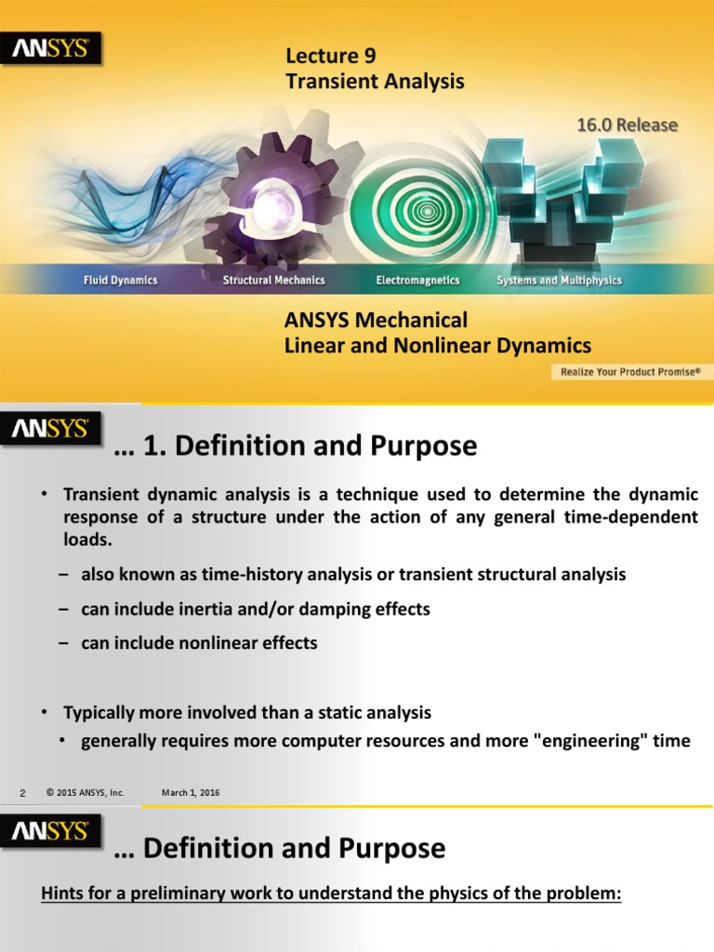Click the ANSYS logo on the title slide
click(x=51, y=49)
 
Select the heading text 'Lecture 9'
click(x=330, y=57)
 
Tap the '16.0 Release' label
click(x=628, y=125)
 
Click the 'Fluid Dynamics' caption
click(x=121, y=280)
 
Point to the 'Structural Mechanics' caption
click(x=273, y=280)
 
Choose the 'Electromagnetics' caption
click(x=417, y=280)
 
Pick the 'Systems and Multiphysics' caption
click(x=559, y=280)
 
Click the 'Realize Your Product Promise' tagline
click(x=629, y=372)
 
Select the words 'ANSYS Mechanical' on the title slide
click(x=376, y=321)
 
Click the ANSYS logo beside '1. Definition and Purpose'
click(x=51, y=430)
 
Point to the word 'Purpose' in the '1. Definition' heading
click(x=425, y=446)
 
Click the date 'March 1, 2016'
click(x=191, y=792)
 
